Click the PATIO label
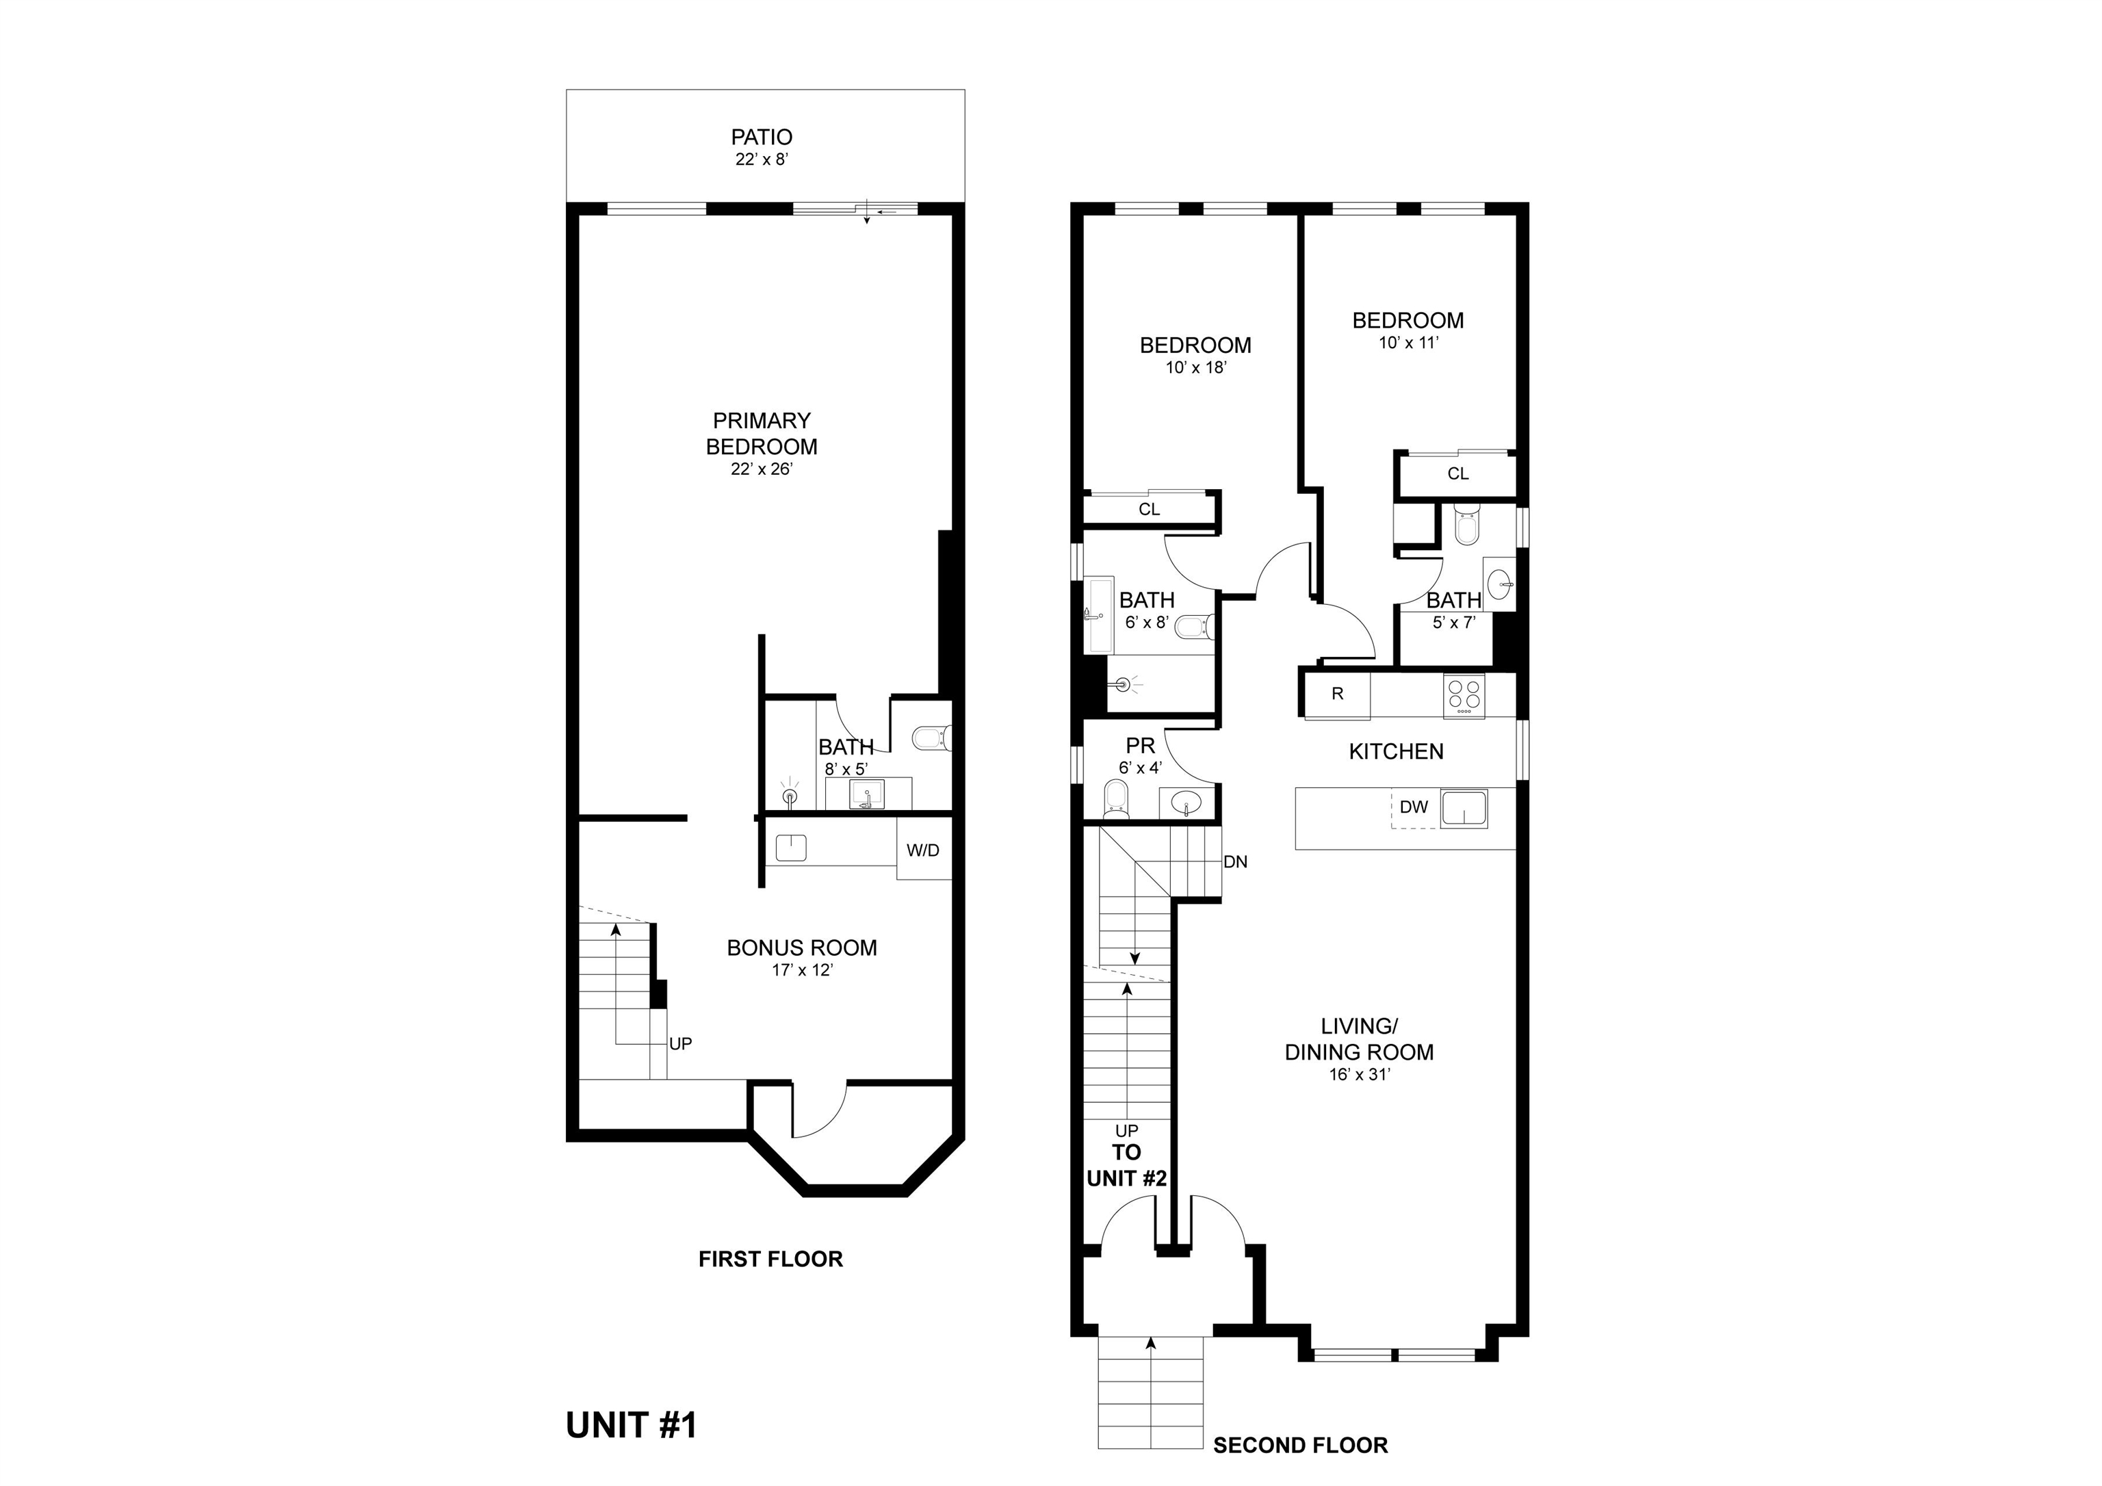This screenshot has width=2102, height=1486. [762, 138]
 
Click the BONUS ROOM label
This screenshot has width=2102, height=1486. [802, 948]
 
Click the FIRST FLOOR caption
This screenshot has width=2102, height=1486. [771, 1259]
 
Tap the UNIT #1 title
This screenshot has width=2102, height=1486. [632, 1426]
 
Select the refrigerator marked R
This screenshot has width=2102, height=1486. [1338, 694]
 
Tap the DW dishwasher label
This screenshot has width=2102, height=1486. [1414, 807]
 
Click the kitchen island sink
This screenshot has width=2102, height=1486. [1464, 809]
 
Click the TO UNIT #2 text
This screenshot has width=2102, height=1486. [1127, 1166]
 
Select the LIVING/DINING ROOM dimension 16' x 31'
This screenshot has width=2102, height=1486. [1360, 1075]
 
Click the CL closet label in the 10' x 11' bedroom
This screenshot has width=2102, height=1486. [1458, 473]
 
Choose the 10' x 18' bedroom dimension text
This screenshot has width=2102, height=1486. [1195, 368]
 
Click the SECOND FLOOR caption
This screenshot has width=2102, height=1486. [1301, 1446]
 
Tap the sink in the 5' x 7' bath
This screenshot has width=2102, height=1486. [1501, 583]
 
